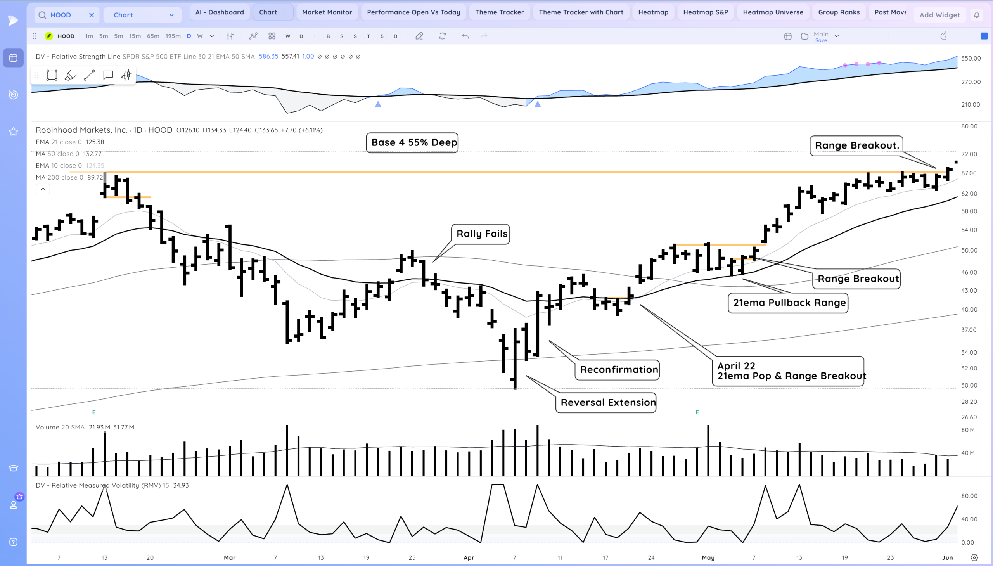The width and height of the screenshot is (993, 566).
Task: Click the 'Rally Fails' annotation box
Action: click(x=481, y=234)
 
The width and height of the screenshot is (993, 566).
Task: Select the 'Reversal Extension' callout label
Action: click(x=608, y=402)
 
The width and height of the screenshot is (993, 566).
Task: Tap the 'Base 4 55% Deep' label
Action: click(x=413, y=143)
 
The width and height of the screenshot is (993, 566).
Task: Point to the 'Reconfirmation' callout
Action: click(x=619, y=369)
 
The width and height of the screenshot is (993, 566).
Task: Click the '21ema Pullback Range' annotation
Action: click(x=789, y=303)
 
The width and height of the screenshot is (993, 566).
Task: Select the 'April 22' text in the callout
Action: click(x=736, y=366)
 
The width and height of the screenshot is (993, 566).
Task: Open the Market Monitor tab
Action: click(x=327, y=12)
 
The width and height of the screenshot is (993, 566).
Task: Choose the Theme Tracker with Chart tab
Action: click(x=581, y=12)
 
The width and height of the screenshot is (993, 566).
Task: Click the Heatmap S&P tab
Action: click(x=705, y=12)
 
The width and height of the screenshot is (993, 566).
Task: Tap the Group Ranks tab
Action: click(x=838, y=12)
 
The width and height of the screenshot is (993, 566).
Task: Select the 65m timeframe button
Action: click(x=153, y=36)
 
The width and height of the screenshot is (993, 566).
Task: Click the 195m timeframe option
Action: click(x=173, y=36)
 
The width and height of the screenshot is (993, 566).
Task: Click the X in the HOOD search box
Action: click(x=91, y=15)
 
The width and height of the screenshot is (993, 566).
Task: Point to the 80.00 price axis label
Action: click(x=969, y=126)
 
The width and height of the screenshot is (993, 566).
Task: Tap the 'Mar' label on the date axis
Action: click(x=230, y=557)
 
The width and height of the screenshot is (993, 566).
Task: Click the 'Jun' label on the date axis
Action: click(x=947, y=557)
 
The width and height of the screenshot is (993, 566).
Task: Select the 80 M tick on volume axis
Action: click(x=968, y=430)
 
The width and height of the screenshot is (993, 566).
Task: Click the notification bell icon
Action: click(x=976, y=15)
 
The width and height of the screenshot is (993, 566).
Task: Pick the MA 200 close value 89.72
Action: click(x=95, y=177)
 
